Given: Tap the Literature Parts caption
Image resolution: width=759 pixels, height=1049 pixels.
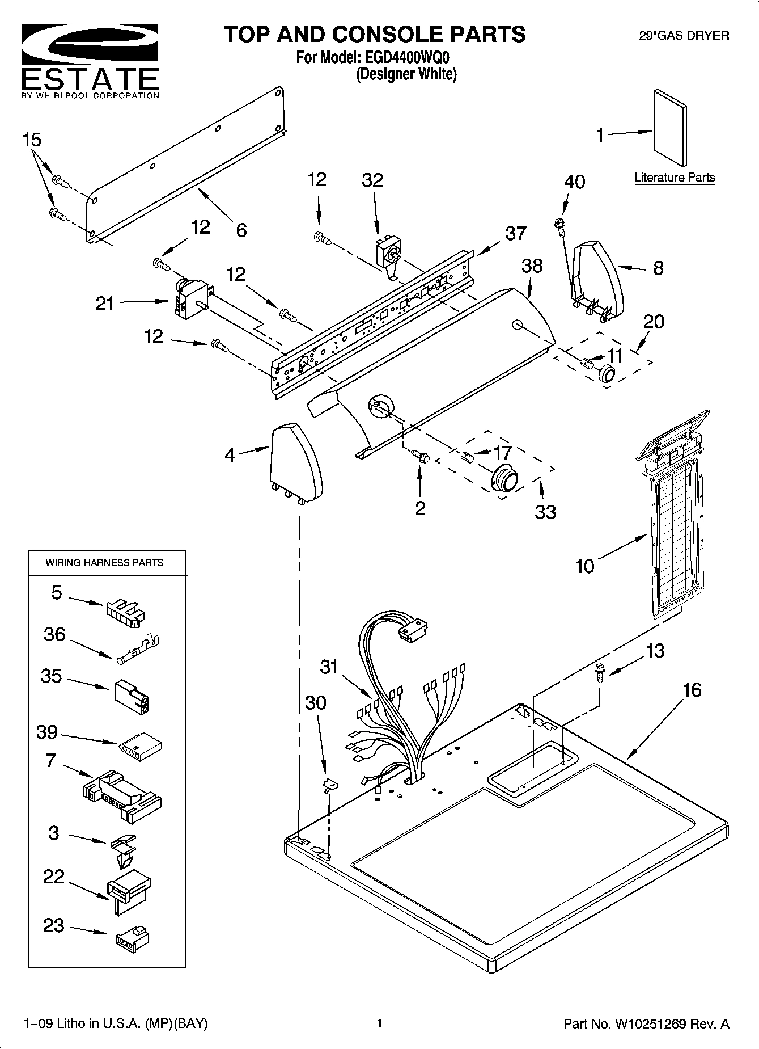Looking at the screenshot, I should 674,177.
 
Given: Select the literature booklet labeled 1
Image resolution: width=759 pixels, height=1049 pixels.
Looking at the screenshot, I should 670,130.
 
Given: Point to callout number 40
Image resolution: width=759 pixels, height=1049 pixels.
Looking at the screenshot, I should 574,182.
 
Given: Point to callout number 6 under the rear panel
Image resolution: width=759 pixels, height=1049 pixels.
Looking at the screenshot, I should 241,230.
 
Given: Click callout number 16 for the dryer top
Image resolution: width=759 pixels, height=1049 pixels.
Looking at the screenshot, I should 692,690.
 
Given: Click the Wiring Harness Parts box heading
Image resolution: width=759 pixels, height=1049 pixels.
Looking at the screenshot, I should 104,563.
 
